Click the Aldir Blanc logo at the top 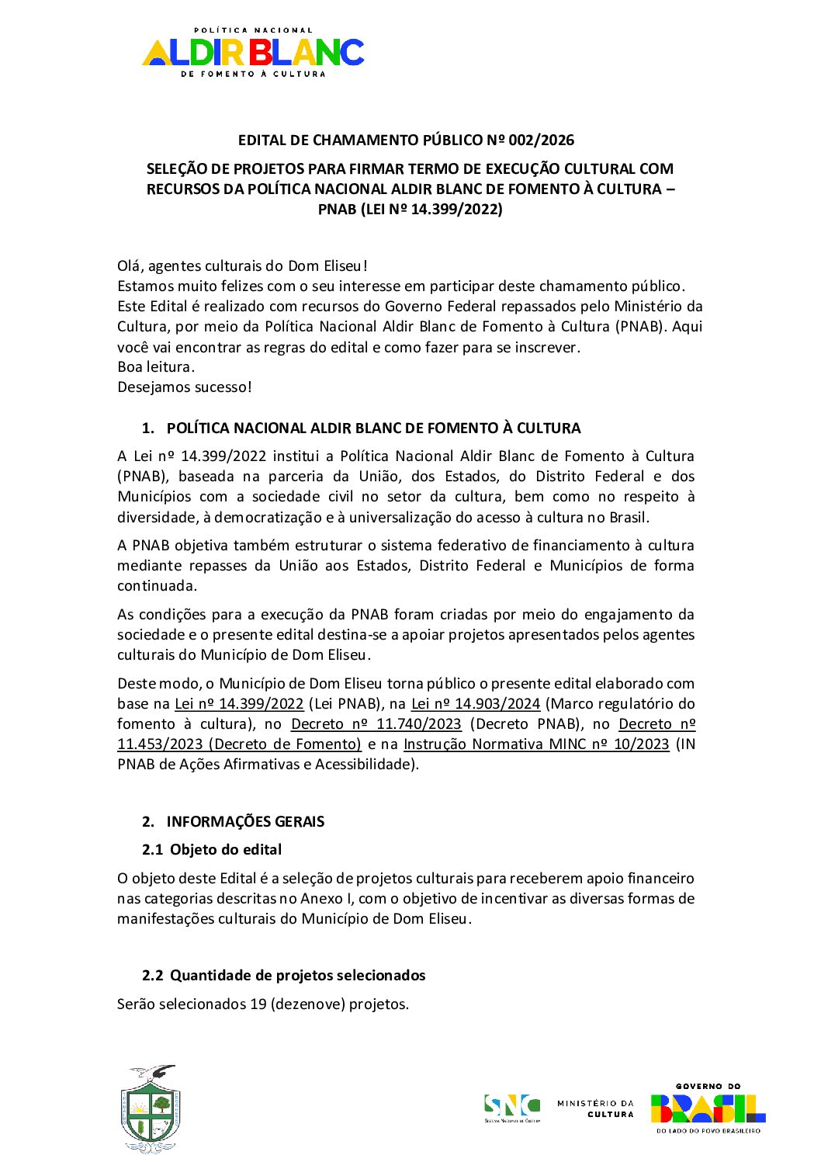[253, 52]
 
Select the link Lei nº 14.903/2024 [475, 704]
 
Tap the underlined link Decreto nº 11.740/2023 [376, 724]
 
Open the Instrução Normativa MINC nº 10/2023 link [536, 744]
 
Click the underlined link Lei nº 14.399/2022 [239, 704]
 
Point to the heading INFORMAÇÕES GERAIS [245, 821]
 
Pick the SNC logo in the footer [511, 1108]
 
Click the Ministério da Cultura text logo [595, 1108]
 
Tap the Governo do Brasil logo [708, 1108]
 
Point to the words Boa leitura [156, 367]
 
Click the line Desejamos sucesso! [185, 387]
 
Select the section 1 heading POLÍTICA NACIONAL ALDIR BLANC [373, 428]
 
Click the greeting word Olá [129, 266]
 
